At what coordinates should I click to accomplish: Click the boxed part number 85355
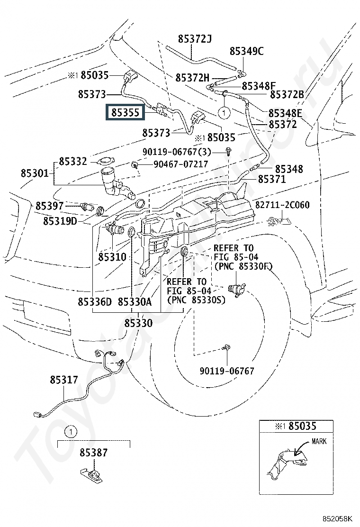[125, 112]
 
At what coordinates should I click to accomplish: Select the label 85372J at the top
[195, 39]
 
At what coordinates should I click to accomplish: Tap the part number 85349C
[246, 51]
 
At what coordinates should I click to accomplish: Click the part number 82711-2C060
[282, 205]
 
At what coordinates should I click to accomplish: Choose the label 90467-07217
[180, 164]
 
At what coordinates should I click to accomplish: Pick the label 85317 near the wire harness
[64, 380]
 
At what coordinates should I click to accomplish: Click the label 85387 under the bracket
[93, 453]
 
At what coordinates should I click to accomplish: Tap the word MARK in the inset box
[319, 441]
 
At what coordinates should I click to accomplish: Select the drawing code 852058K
[338, 518]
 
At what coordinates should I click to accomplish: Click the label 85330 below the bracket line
[138, 323]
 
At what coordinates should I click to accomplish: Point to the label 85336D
[95, 302]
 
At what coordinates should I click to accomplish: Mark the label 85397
[49, 206]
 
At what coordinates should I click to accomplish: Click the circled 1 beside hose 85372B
[224, 113]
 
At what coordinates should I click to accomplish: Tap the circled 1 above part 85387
[71, 432]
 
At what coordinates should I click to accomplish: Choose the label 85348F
[259, 86]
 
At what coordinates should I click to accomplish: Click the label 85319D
[60, 221]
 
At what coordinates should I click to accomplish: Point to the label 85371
[272, 179]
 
